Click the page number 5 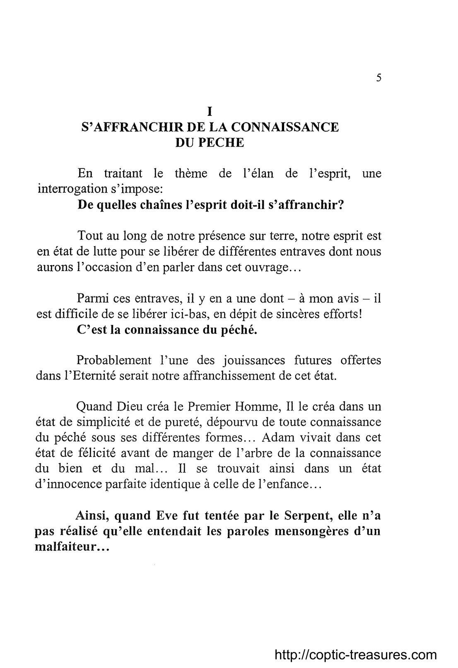378,78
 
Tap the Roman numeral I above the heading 210,111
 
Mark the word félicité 98,453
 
